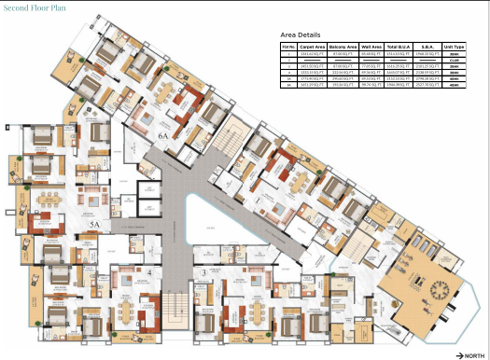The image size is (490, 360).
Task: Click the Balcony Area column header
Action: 344,45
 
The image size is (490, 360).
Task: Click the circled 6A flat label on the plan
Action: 162,136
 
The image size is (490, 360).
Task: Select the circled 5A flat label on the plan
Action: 93,225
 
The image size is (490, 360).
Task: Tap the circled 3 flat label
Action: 203,271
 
